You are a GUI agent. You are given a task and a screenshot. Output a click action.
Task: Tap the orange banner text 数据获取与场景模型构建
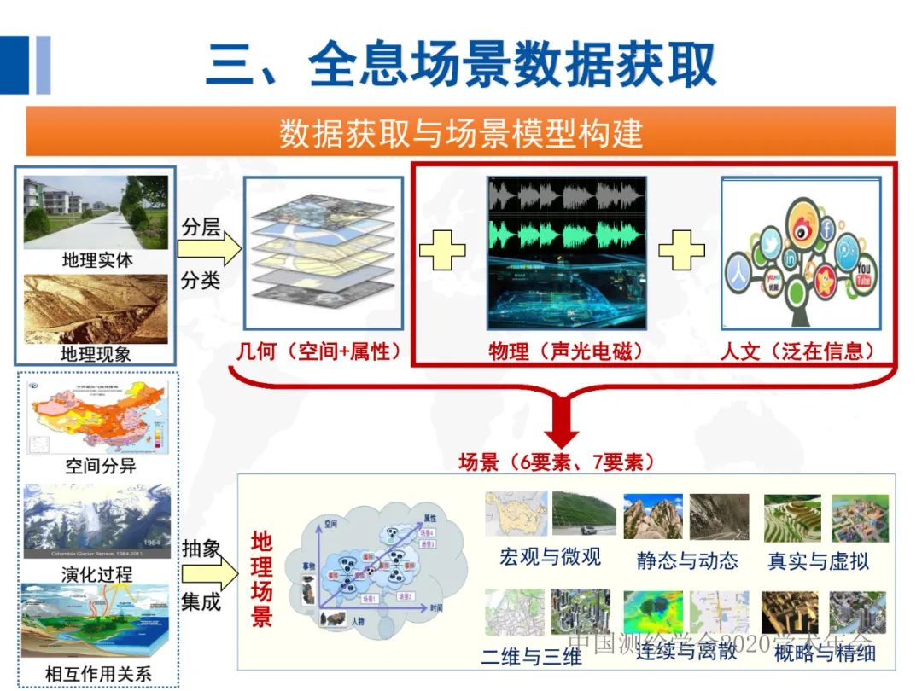pyautogui.click(x=460, y=133)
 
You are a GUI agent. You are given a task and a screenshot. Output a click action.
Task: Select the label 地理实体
pyautogui.click(x=96, y=260)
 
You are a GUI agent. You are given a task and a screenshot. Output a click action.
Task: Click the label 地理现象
pyautogui.click(x=96, y=352)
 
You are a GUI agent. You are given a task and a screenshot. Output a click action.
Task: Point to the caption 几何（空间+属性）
pyautogui.click(x=320, y=351)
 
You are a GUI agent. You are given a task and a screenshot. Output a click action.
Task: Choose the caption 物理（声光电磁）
pyautogui.click(x=566, y=351)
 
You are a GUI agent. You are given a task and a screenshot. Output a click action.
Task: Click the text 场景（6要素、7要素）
pyautogui.click(x=557, y=462)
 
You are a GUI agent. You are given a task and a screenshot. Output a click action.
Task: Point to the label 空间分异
pyautogui.click(x=100, y=466)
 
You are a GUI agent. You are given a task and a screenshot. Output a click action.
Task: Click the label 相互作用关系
pyautogui.click(x=97, y=675)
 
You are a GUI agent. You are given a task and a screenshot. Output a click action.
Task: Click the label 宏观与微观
pyautogui.click(x=550, y=557)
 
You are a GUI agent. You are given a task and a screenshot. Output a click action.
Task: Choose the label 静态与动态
pyautogui.click(x=686, y=560)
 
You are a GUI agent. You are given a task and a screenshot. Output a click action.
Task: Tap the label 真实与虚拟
pyautogui.click(x=818, y=560)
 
